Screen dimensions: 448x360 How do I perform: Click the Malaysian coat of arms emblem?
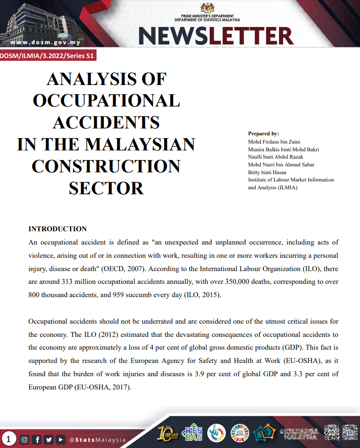[x=207, y=8]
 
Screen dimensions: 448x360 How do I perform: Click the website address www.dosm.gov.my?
[x=45, y=43]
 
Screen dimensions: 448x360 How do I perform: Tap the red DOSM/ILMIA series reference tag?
[x=48, y=56]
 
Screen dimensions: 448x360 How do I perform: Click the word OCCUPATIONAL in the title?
[x=106, y=101]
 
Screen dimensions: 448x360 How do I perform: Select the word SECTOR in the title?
[x=106, y=187]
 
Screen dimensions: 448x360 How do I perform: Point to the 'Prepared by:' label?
[x=263, y=133]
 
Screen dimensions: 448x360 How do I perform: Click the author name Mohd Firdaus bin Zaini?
[x=274, y=142]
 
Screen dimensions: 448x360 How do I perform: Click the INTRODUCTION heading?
[x=58, y=229]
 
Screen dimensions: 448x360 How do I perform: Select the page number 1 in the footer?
[x=9, y=440]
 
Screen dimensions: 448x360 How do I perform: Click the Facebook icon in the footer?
[x=37, y=440]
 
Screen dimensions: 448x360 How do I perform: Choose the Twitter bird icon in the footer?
[x=48, y=440]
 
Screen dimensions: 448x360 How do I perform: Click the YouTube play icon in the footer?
[x=60, y=440]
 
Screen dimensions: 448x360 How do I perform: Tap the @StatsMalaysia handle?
[x=97, y=440]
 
